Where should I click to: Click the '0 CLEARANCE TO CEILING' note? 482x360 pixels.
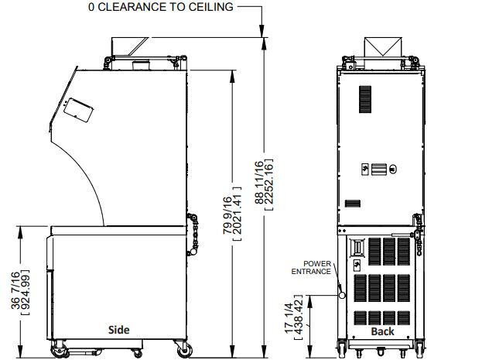(161, 7)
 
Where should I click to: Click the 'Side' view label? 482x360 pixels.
(118, 330)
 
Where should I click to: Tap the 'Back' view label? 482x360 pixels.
(382, 331)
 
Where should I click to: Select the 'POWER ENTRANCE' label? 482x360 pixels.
(311, 268)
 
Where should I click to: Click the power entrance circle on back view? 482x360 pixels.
(342, 295)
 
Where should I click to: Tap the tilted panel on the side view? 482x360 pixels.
(78, 110)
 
